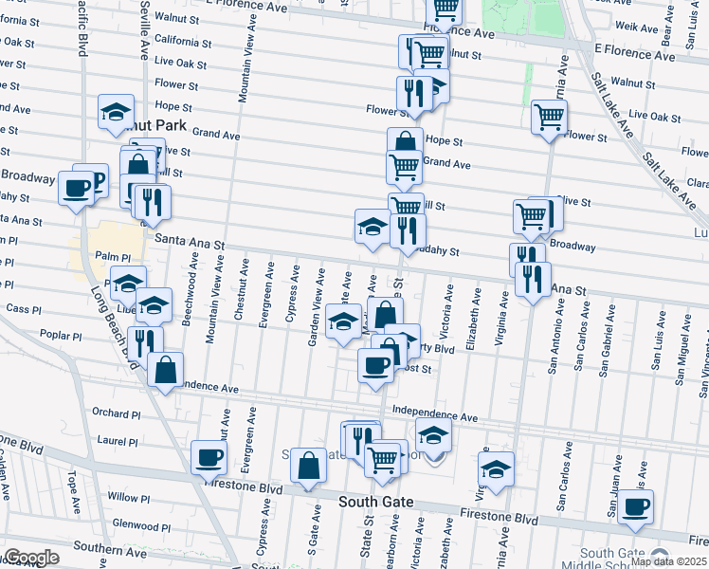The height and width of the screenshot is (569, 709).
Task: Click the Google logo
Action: tap(30, 558)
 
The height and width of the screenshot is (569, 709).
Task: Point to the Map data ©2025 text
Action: tap(668, 561)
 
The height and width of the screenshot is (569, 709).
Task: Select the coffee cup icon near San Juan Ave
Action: tap(635, 506)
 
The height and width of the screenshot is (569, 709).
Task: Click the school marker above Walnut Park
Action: tap(116, 111)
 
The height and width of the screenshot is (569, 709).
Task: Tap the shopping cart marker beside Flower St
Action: tap(549, 118)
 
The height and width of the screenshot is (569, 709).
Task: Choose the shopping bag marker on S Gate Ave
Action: tap(308, 466)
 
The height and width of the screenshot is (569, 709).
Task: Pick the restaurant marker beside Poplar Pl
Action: tap(145, 341)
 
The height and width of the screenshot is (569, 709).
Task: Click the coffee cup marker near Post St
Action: tap(375, 365)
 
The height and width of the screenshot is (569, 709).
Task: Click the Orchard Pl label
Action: tap(117, 413)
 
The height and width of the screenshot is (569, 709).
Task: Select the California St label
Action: tap(183, 42)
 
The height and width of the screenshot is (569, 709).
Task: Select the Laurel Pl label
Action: tap(118, 441)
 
